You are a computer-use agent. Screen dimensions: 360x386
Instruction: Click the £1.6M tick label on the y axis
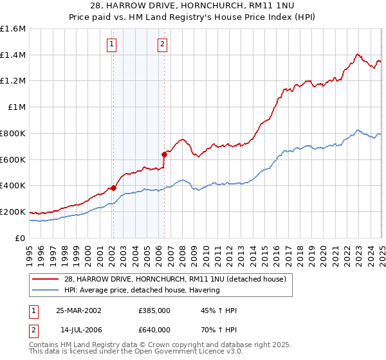(x=13, y=29)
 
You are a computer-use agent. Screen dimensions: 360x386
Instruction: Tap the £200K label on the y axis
(x=13, y=212)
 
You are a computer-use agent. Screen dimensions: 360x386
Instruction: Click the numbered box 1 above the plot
(x=113, y=44)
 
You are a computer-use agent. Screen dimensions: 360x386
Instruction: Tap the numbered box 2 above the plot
(x=162, y=44)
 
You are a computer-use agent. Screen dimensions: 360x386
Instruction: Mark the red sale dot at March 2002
(x=113, y=188)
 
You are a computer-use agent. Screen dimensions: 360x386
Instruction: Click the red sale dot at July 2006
(x=164, y=154)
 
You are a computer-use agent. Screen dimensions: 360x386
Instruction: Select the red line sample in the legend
(x=46, y=279)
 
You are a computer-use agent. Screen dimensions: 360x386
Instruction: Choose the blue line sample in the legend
(x=46, y=290)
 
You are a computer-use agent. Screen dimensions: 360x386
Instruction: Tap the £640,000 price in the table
(x=154, y=330)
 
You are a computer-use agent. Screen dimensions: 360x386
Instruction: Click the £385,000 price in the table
(x=154, y=310)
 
